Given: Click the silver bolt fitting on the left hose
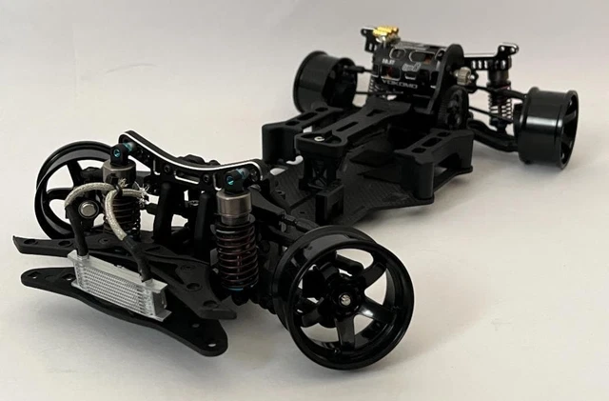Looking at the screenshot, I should pyautogui.click(x=87, y=208).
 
